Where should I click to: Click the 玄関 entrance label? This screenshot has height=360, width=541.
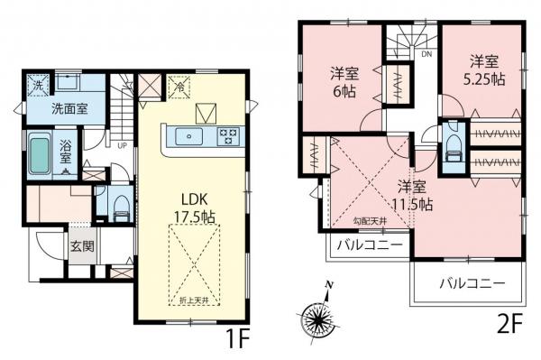[80, 244]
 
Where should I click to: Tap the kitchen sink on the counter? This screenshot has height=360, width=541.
[191, 137]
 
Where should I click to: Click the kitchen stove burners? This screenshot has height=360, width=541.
[227, 137]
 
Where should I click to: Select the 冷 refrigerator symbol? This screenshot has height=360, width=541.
[179, 88]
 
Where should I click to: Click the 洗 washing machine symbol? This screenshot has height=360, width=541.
[37, 86]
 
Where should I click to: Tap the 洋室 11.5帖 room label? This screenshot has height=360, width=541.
[412, 195]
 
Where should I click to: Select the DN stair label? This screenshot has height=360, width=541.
[426, 54]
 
